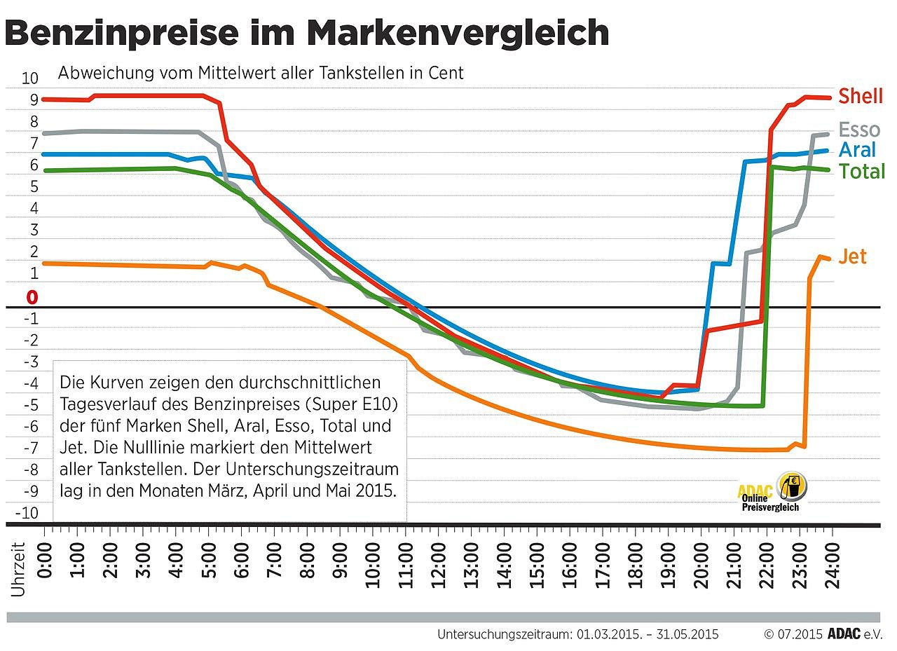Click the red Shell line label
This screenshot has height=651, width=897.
click(860, 96)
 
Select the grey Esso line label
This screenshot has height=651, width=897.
click(858, 130)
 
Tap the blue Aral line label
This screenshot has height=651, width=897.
click(857, 150)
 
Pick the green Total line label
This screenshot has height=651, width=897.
click(861, 171)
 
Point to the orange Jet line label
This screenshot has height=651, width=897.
click(852, 256)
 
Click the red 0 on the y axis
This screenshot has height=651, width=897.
click(32, 298)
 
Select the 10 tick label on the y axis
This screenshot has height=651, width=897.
click(30, 78)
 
